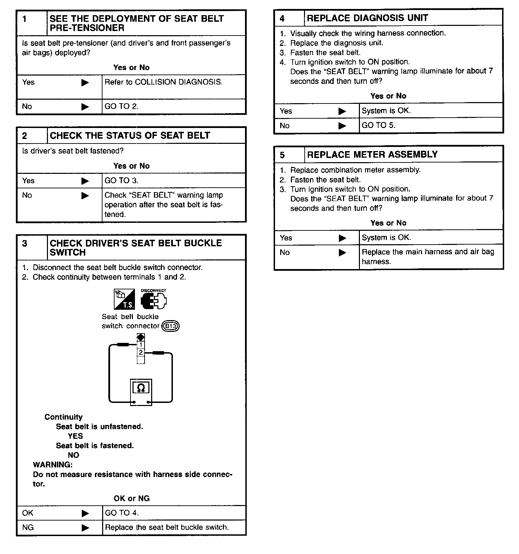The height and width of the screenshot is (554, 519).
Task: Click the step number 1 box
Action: click(x=32, y=23)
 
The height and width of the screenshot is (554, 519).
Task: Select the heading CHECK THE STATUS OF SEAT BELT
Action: click(x=130, y=136)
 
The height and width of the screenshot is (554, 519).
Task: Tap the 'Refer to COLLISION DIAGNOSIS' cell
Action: click(x=163, y=82)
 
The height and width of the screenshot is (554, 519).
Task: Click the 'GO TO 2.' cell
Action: click(x=121, y=107)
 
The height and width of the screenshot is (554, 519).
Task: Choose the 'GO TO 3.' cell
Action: click(x=121, y=180)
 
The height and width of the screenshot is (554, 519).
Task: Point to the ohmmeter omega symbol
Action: click(x=141, y=388)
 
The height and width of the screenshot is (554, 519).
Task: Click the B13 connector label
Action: click(x=171, y=326)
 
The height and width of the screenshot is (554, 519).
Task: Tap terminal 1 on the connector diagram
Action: click(x=141, y=345)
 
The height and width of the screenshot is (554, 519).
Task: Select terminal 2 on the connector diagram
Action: click(x=141, y=352)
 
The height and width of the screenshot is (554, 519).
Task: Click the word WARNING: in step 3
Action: click(x=53, y=465)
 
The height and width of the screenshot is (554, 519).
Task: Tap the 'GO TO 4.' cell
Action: click(x=121, y=513)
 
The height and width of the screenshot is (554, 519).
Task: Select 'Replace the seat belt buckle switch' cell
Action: click(x=167, y=527)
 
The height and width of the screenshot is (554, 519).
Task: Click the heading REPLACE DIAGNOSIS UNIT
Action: click(x=368, y=18)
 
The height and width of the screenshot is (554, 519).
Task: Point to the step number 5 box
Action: click(x=290, y=155)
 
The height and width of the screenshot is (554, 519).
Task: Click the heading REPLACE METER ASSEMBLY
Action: click(x=372, y=155)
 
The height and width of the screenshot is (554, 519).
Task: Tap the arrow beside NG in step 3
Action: click(x=85, y=528)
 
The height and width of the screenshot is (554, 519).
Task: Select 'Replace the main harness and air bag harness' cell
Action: click(x=428, y=257)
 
